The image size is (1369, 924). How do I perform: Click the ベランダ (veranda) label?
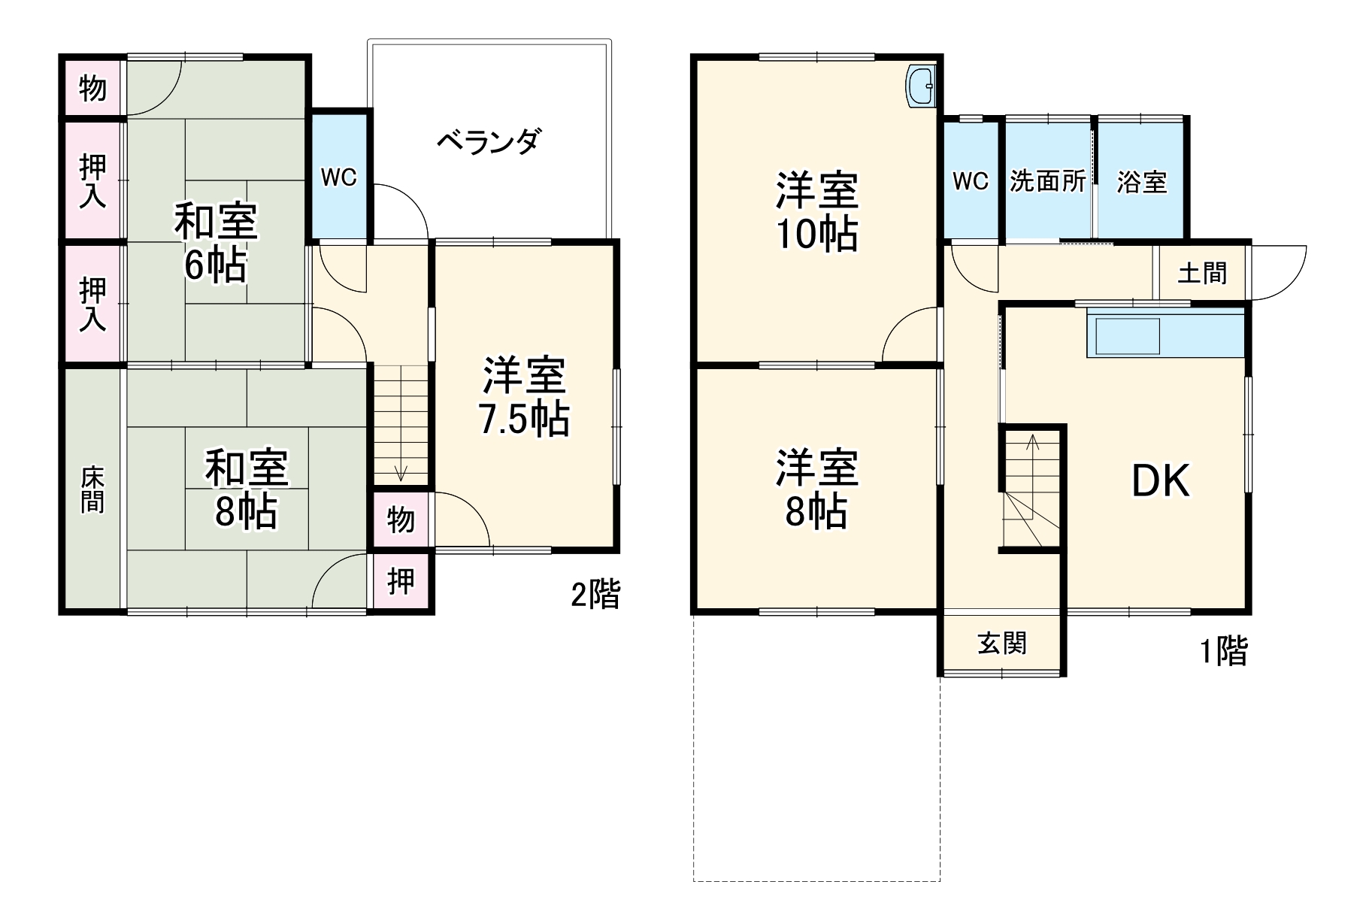489,141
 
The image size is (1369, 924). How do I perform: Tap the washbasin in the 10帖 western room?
921,87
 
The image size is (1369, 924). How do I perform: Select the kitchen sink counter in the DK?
1128,335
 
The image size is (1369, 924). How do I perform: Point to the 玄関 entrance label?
1001,644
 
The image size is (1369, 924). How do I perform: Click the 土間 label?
1201,272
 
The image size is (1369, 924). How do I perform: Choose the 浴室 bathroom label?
1141,181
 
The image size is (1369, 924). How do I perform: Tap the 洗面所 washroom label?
1047,181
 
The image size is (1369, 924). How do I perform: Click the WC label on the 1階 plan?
970,181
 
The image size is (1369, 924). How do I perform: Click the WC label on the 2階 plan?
338,178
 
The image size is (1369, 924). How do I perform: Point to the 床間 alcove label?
92,489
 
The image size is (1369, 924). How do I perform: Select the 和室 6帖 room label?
216,242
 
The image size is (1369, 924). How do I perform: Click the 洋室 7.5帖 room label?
524,397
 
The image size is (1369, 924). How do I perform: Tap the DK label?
1161,481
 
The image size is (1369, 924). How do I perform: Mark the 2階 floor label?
595,595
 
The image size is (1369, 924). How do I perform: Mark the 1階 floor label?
1223,650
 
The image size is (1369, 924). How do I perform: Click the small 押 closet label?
401,581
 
